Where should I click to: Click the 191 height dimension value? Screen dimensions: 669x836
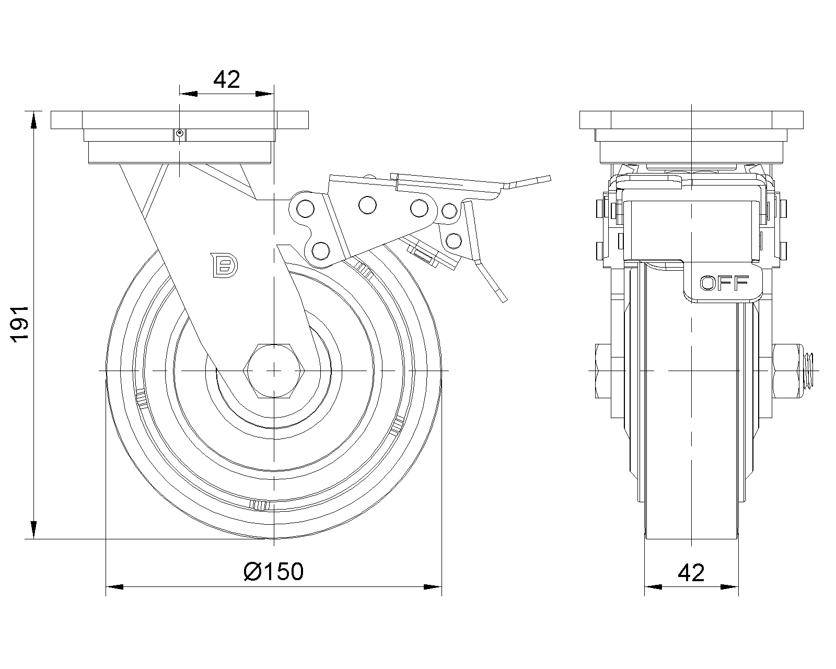(x=20, y=324)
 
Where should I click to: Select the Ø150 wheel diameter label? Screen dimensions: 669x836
(x=273, y=572)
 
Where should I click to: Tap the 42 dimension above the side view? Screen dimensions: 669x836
(x=227, y=79)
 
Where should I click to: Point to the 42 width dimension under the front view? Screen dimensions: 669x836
(x=691, y=573)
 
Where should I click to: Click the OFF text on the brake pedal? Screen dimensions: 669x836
(x=724, y=283)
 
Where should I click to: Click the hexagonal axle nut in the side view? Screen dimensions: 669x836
(x=274, y=370)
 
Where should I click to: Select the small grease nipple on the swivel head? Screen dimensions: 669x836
(x=180, y=134)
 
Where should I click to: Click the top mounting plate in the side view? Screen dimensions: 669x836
(x=180, y=120)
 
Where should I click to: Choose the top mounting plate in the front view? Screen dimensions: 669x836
(x=691, y=120)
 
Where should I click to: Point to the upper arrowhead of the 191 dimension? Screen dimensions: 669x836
(x=34, y=120)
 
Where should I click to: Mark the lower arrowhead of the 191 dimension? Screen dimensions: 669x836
(x=34, y=529)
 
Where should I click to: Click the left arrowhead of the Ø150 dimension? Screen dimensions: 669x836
(x=114, y=587)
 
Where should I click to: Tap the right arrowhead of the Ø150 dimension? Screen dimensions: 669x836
(x=433, y=587)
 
